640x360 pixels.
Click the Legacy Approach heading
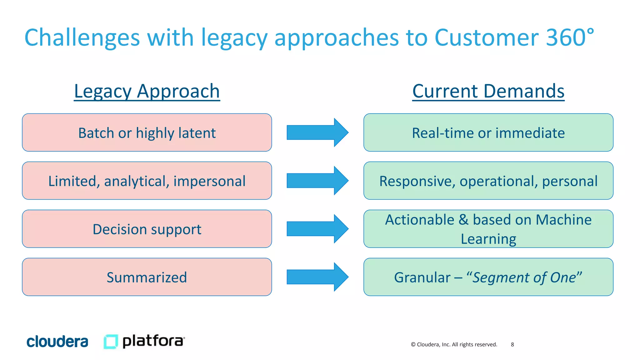coord(147,91)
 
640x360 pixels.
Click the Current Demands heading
coord(488,91)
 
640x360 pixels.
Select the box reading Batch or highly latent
coord(147,132)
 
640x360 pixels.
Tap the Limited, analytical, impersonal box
coord(147,181)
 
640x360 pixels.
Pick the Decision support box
coord(147,229)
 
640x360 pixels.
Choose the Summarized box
coord(147,277)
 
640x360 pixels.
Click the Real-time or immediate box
coord(488,132)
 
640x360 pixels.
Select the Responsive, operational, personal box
coord(488,181)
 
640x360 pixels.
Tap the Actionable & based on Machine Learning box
coord(488,229)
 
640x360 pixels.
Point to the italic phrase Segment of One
coord(524,277)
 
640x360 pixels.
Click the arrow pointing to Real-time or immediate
coord(317,132)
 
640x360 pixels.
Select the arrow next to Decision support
coord(317,229)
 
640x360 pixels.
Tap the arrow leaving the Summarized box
coord(317,277)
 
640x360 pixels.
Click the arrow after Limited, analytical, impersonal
coord(317,181)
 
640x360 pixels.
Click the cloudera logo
coord(57,342)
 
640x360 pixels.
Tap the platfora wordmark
coord(153,341)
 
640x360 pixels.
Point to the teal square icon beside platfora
coord(111,341)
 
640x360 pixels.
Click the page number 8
coord(512,344)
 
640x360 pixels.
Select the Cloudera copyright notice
coord(454,344)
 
